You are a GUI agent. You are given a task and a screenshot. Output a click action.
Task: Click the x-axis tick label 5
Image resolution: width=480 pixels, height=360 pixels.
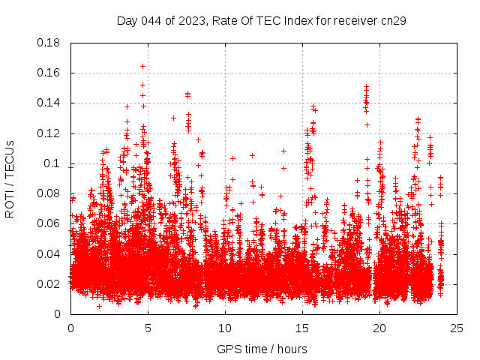(x=148, y=328)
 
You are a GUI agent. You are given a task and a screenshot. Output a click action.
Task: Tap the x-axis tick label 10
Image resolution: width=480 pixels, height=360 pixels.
(x=225, y=328)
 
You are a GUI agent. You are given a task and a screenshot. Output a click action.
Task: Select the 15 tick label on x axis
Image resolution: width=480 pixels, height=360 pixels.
(x=302, y=328)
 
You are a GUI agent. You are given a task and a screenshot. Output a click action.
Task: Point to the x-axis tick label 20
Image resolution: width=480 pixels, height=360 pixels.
(x=379, y=328)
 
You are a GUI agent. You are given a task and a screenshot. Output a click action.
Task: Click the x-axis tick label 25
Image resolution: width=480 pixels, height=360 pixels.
(x=457, y=328)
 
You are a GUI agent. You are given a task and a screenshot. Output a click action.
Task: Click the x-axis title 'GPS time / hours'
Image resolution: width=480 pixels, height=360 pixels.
(x=262, y=349)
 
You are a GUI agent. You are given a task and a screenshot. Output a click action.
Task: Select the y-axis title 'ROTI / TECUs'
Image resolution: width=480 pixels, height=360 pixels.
(x=10, y=178)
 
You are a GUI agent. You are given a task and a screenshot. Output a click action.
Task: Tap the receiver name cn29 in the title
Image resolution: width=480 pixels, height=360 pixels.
(x=393, y=21)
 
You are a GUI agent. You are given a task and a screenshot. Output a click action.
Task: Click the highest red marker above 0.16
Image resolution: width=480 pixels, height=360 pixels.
(x=142, y=66)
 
